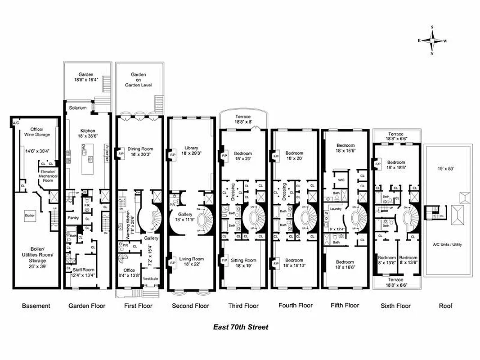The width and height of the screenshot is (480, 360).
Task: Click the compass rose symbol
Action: [x=432, y=40]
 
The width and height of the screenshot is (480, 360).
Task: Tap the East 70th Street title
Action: [x=240, y=327]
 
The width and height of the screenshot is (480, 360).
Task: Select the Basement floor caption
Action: [x=36, y=306]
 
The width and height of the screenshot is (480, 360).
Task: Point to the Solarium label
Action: [x=78, y=108]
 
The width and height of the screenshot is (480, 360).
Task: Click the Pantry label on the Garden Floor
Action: [x=73, y=217]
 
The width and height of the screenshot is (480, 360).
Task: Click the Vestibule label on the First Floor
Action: [x=151, y=279]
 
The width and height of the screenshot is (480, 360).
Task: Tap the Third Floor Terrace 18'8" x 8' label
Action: [x=243, y=119]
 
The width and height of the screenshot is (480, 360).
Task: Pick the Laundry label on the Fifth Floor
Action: [x=335, y=209]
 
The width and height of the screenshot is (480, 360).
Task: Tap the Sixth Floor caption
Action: [x=396, y=306]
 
